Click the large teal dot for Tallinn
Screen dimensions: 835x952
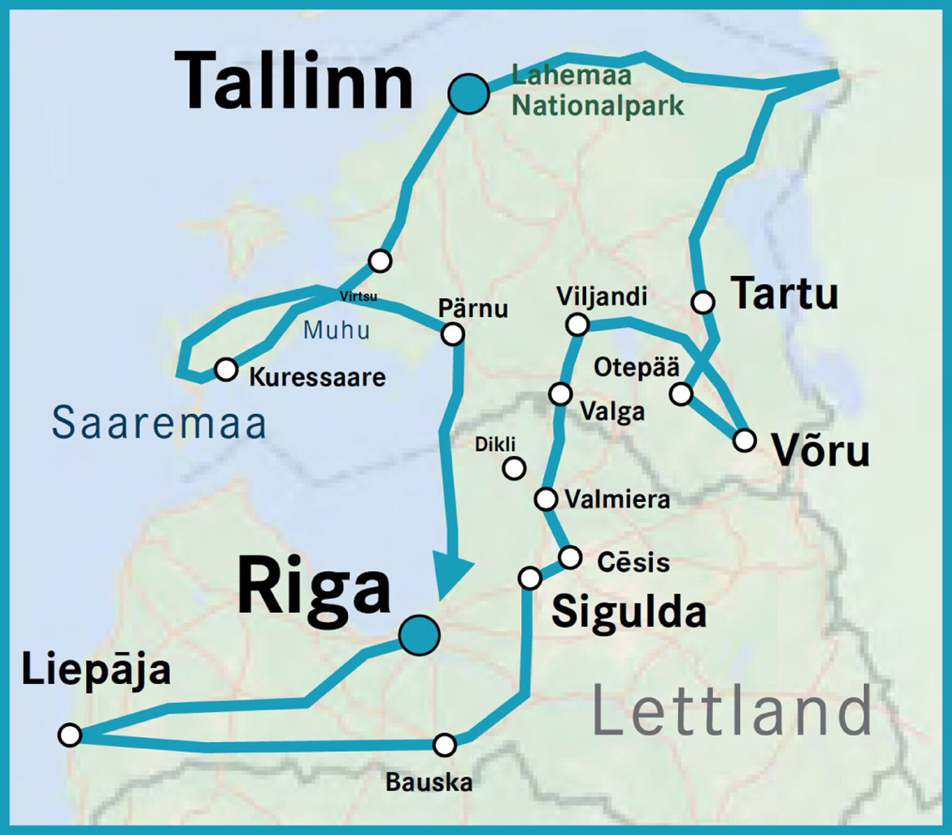tap(468, 94)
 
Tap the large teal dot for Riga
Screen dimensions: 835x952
tap(419, 635)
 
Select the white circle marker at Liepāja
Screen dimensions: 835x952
tap(70, 734)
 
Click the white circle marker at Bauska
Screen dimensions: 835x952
tap(444, 745)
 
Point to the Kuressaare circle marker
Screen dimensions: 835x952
tap(225, 370)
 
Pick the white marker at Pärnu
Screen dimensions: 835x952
tap(453, 334)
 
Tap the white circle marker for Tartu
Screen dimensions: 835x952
tap(703, 302)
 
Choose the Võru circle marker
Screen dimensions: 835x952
tap(744, 440)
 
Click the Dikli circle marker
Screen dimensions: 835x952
tap(514, 468)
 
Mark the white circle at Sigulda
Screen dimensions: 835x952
tap(529, 578)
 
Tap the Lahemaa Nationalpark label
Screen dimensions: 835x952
tap(597, 91)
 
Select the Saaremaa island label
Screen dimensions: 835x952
tap(159, 423)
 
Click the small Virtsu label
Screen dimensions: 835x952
tap(358, 297)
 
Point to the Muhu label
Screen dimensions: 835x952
tap(337, 330)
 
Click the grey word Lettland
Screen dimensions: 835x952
tap(732, 712)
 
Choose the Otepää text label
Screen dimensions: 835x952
tap(636, 367)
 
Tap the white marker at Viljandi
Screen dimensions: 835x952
tap(577, 324)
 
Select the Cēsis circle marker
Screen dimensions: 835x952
tap(570, 557)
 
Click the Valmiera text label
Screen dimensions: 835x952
tap(617, 499)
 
